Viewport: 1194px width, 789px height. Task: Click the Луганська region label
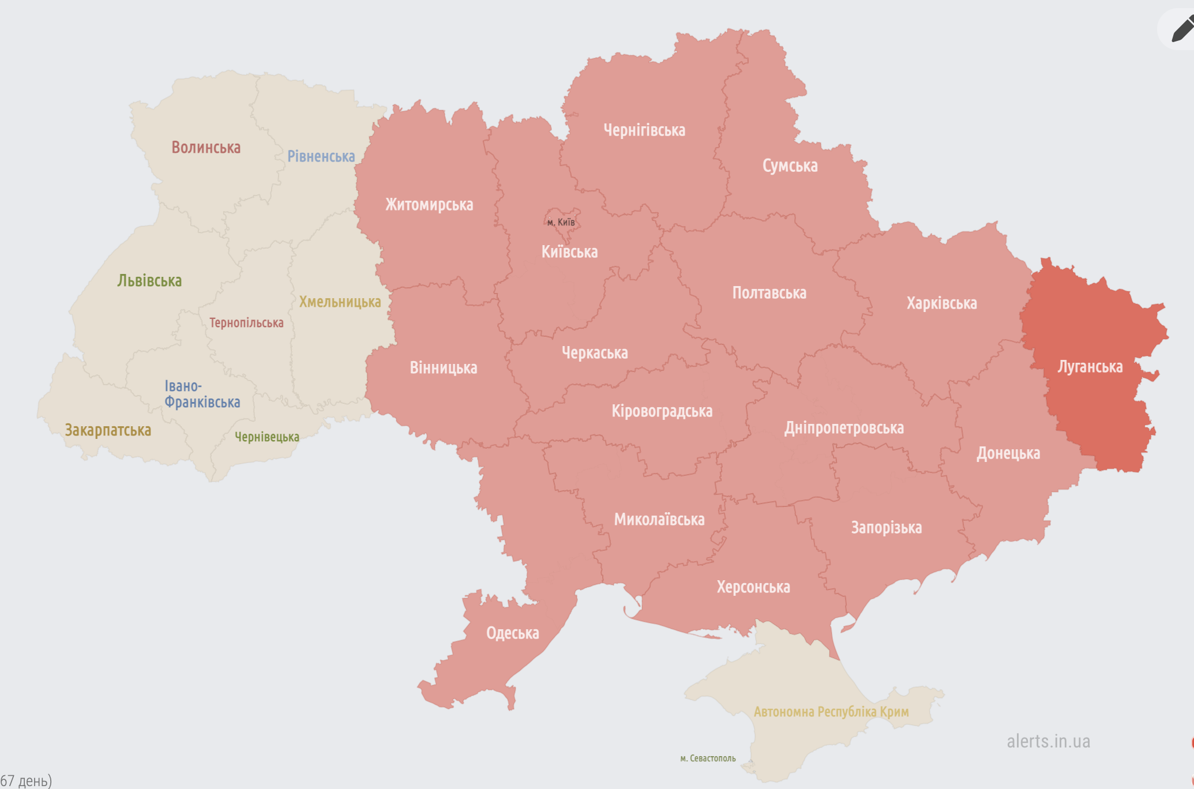click(x=1090, y=367)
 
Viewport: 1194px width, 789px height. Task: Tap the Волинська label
click(x=206, y=148)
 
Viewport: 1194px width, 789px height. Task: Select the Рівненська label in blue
click(x=321, y=156)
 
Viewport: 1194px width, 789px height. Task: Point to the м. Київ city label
click(x=561, y=222)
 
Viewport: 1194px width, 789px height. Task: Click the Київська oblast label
click(x=569, y=252)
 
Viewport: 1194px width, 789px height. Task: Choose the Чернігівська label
click(x=644, y=130)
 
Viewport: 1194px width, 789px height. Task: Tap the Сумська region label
click(x=790, y=166)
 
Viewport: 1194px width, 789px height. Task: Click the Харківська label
click(x=941, y=303)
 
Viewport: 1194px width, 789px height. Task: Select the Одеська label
click(x=512, y=633)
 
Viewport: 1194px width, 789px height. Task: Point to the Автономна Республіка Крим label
click(x=831, y=712)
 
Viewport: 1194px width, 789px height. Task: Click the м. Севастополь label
click(x=708, y=758)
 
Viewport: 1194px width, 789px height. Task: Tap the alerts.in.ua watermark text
click(x=1048, y=741)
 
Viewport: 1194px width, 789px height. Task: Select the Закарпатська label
click(x=108, y=430)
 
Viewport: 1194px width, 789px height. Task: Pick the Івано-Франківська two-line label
click(x=201, y=394)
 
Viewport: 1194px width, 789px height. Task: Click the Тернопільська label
click(x=246, y=323)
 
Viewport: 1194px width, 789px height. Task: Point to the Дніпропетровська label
click(x=843, y=428)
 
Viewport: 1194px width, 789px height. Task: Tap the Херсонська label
click(x=753, y=587)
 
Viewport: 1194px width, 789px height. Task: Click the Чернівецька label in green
click(x=266, y=437)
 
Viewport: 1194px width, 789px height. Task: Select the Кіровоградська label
click(x=662, y=411)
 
